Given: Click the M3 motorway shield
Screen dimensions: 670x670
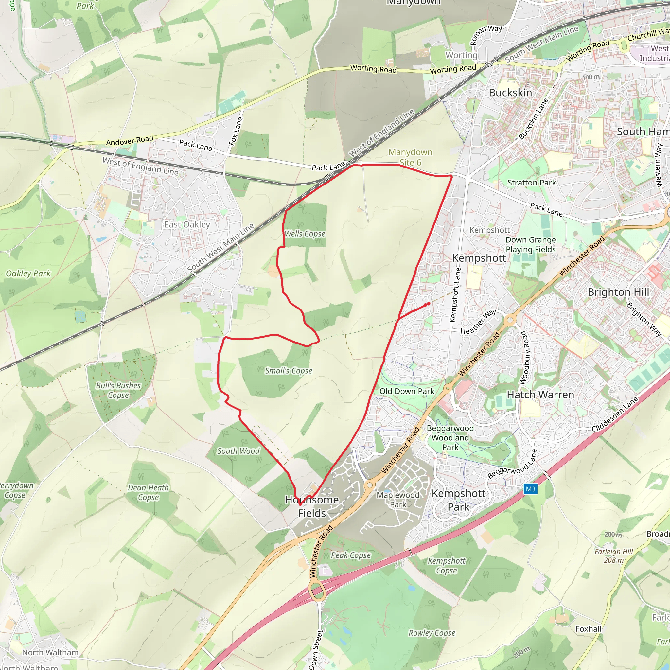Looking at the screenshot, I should (530, 489).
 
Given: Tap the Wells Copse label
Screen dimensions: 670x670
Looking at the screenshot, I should (305, 234).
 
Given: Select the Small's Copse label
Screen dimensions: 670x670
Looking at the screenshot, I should (288, 371).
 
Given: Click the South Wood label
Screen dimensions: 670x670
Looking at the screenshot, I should (238, 451).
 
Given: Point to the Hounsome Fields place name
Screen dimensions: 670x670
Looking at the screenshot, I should (312, 506).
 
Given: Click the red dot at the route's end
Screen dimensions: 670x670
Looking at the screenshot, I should (429, 304).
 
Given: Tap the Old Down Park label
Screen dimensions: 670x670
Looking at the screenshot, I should (407, 391).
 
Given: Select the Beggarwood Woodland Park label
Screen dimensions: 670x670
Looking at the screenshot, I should (450, 438).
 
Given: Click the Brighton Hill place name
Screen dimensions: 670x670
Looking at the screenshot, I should (618, 292).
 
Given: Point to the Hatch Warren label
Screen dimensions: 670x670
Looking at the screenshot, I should (540, 395).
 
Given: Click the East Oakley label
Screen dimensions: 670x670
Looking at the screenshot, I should (187, 224).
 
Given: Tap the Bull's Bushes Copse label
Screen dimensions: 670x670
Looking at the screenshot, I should (118, 390).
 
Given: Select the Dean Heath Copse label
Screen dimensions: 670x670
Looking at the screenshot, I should (148, 492).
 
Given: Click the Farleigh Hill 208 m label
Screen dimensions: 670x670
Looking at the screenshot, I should (613, 556).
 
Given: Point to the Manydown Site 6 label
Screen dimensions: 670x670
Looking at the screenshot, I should (410, 157).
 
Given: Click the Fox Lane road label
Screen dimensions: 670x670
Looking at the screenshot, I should (236, 131).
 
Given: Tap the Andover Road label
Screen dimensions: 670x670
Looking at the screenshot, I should (129, 140).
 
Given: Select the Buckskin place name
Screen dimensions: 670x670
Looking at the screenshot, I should (510, 93).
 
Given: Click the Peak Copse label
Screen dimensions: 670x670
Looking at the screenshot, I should (351, 555).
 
